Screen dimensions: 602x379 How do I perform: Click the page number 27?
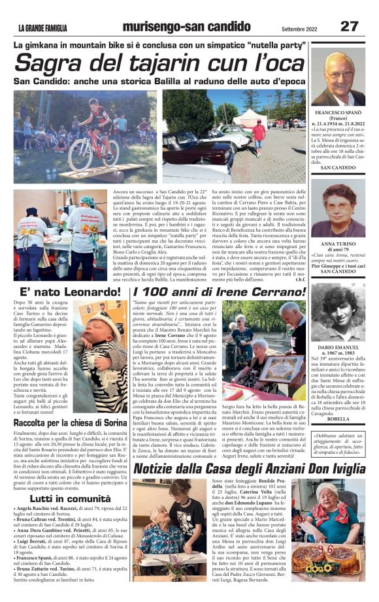point(349,26)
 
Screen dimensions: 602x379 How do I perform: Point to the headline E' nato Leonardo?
point(63,293)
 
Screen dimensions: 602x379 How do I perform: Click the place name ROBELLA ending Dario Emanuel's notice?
point(338,419)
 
